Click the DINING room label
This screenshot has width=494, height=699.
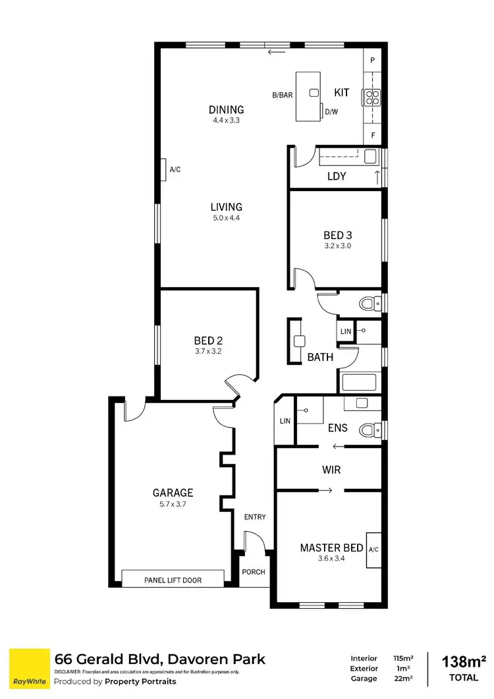(x=227, y=110)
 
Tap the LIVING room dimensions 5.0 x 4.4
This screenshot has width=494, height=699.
(x=227, y=217)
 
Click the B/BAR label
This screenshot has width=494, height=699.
(x=283, y=95)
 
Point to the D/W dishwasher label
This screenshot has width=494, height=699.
(x=331, y=112)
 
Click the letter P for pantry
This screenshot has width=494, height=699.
(x=373, y=61)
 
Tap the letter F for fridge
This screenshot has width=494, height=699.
(x=373, y=136)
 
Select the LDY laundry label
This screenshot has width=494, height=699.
(x=337, y=177)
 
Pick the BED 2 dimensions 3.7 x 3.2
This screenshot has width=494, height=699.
(x=208, y=352)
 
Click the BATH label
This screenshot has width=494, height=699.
(x=320, y=357)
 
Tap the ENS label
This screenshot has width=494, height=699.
(x=338, y=428)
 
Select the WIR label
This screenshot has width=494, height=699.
(x=331, y=470)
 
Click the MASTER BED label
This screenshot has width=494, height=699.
(x=331, y=547)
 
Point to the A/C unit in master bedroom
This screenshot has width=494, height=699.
(x=374, y=549)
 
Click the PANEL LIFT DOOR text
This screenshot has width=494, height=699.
(x=173, y=580)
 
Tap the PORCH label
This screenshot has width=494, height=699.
(x=254, y=572)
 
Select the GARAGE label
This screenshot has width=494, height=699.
(x=173, y=492)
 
